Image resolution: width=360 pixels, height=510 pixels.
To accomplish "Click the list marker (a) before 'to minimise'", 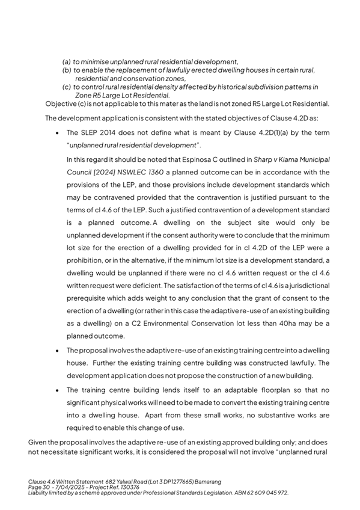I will pyautogui.click(x=67, y=61).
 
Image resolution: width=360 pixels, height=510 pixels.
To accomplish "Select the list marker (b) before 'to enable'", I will pyautogui.click(x=67, y=70).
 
